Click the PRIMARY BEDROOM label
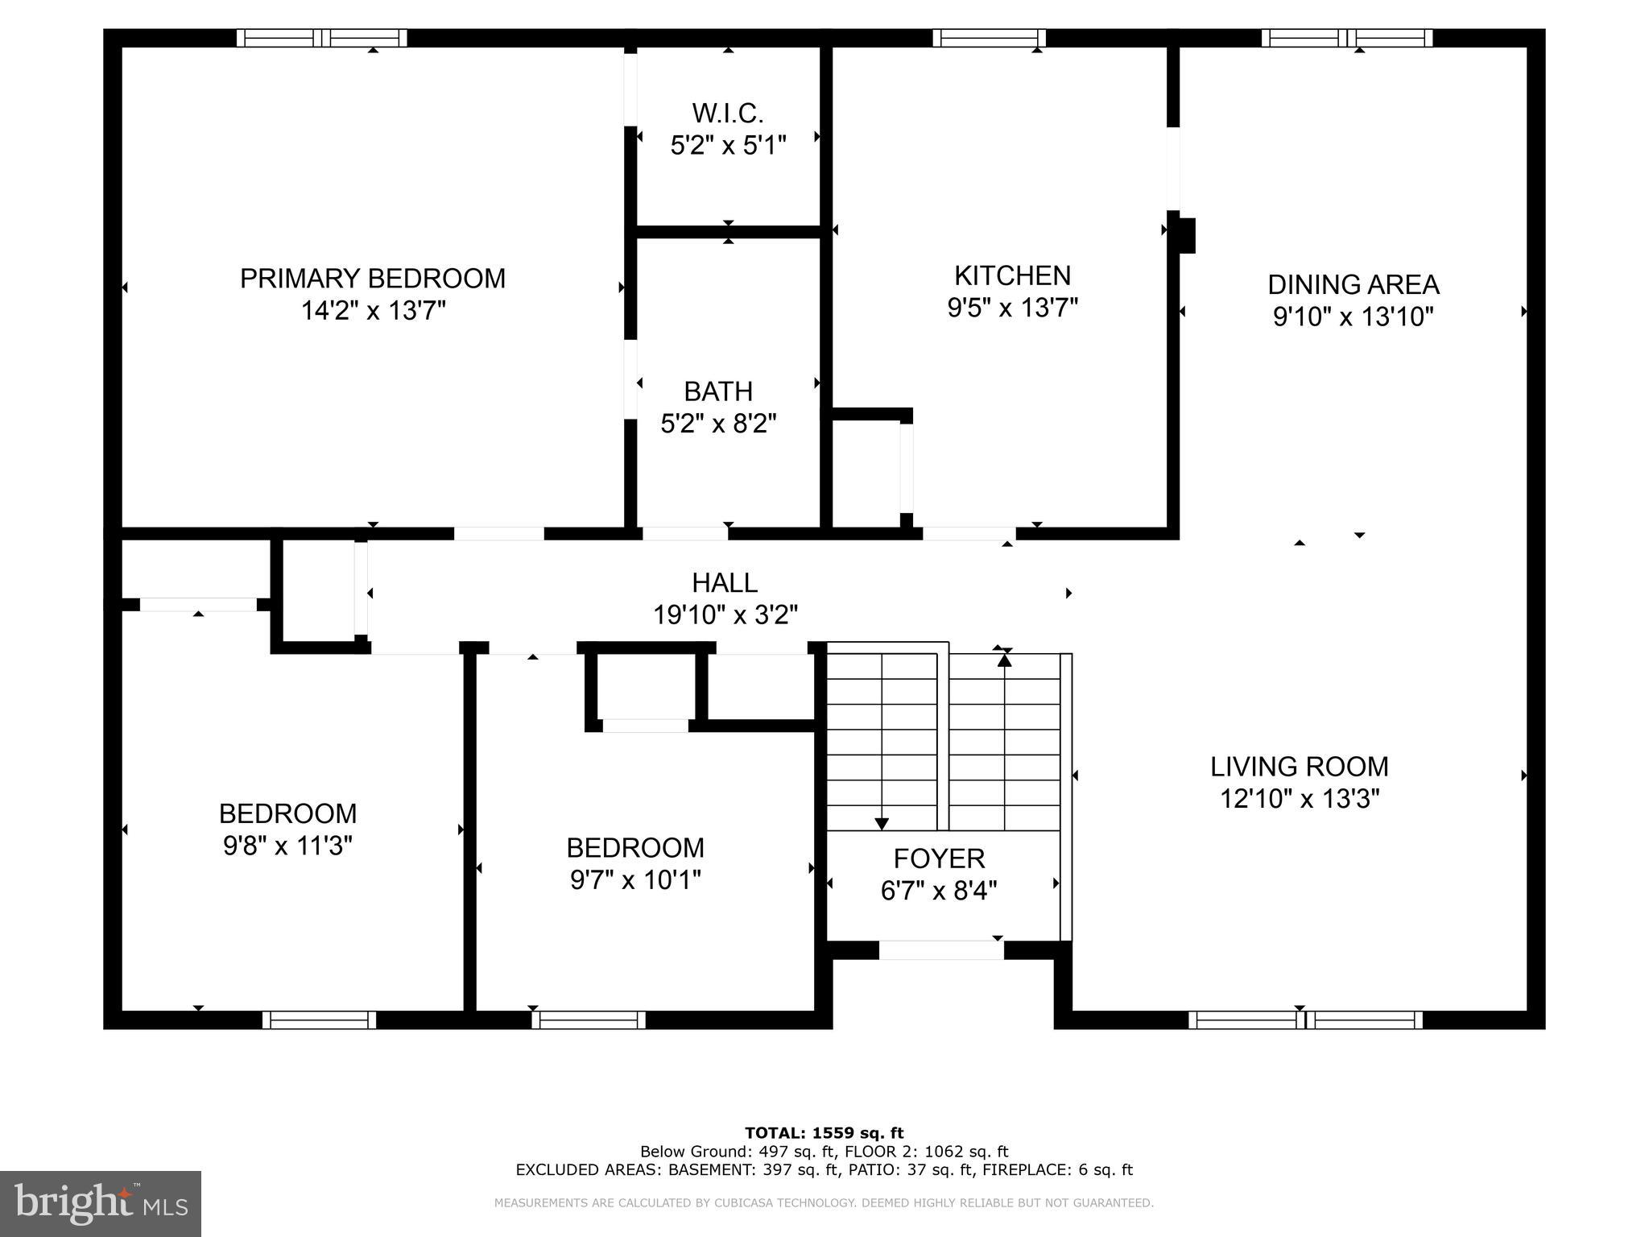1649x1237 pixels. [373, 279]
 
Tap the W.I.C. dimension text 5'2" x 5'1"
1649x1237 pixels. [728, 146]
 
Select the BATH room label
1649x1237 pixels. [718, 391]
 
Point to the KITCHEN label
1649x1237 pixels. [1012, 275]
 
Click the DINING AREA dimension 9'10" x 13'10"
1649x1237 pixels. [1353, 316]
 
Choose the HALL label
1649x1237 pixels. [725, 582]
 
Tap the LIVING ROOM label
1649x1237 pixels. [1299, 766]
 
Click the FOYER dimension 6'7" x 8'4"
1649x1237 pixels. [939, 890]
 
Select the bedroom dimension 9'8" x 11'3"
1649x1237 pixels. [287, 846]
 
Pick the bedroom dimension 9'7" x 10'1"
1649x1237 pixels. [635, 879]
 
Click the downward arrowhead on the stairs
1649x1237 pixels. [882, 824]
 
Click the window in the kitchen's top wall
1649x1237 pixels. [989, 38]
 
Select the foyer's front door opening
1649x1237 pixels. [940, 950]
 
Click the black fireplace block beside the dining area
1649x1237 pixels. [1186, 235]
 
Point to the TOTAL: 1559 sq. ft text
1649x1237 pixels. [824, 1133]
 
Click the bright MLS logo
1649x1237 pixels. [101, 1203]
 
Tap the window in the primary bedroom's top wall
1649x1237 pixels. [322, 38]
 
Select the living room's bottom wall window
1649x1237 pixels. [1304, 1020]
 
